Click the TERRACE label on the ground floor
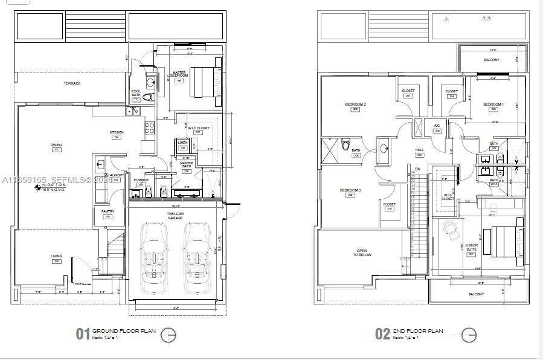[72, 83]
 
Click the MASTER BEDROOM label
[179, 74]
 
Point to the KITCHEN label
[117, 132]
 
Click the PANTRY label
[108, 211]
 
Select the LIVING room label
[56, 257]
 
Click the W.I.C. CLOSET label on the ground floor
[198, 128]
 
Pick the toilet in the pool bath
[150, 97]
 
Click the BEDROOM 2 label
[356, 104]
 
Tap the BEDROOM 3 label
[350, 191]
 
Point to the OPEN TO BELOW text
[362, 252]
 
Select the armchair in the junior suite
[451, 228]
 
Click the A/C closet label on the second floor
[437, 126]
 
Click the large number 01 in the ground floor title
[82, 334]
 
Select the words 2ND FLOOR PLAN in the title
[418, 331]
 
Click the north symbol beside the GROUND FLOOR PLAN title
[170, 333]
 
